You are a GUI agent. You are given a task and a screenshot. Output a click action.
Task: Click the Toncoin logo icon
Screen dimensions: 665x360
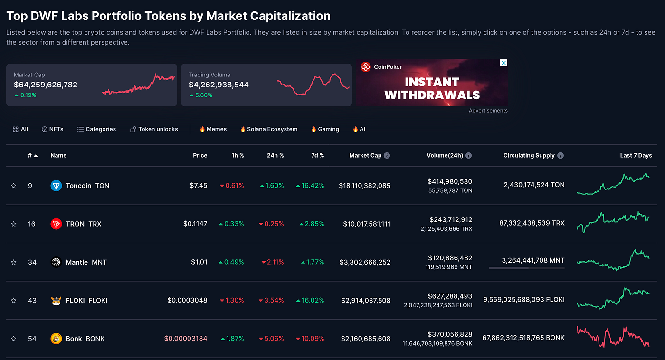[56, 186]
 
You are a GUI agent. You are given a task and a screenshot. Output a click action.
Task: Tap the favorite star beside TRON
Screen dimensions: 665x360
[14, 224]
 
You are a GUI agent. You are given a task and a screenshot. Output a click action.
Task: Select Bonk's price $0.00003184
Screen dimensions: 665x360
[186, 338]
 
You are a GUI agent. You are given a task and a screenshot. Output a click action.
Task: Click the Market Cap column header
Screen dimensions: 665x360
[365, 155]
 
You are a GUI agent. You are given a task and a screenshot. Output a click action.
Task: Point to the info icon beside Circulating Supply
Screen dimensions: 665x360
[560, 155]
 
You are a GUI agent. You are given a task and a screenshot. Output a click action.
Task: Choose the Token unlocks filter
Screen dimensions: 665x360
[154, 129]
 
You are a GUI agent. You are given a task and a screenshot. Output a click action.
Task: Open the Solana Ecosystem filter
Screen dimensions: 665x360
[269, 129]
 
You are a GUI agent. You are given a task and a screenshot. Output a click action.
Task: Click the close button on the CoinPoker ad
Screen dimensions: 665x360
[504, 63]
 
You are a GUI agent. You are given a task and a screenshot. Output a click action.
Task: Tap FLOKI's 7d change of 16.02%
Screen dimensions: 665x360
[310, 300]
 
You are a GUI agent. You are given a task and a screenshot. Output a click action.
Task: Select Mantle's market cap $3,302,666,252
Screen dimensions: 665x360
[365, 262]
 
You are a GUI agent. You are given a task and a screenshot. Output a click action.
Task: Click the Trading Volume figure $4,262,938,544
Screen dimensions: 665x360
[218, 85]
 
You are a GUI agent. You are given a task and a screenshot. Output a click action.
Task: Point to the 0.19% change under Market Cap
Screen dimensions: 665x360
[26, 95]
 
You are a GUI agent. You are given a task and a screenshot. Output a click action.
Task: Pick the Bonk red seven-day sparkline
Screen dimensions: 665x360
[613, 337]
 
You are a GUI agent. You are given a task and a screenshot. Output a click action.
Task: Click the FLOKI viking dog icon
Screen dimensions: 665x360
[56, 301]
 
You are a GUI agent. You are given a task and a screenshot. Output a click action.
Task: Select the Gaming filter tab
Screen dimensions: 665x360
[325, 129]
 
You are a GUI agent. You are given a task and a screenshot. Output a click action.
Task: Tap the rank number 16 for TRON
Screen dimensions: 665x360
[32, 224]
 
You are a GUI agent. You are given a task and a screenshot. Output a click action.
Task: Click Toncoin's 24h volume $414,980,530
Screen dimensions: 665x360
[450, 181]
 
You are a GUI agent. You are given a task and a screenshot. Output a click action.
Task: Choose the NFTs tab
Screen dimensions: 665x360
[53, 129]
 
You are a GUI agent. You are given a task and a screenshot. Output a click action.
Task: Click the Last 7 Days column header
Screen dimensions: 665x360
[636, 155]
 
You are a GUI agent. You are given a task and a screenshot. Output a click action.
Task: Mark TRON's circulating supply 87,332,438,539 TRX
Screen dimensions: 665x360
[532, 223]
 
